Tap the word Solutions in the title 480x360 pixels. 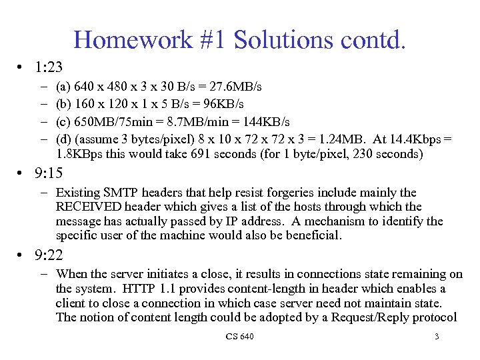[273, 40]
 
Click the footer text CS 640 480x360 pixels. [239, 337]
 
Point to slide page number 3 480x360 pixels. [437, 337]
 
